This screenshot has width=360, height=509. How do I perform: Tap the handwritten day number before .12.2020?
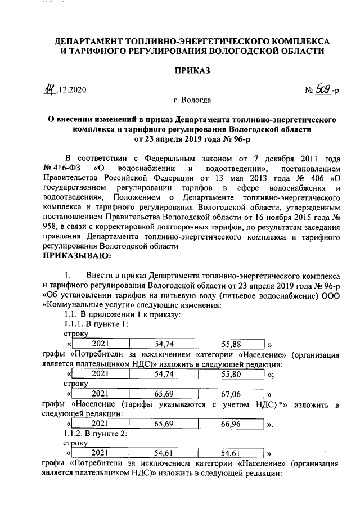pos(52,89)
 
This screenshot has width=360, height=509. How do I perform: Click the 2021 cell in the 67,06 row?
pos(101,394)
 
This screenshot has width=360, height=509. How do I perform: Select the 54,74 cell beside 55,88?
pos(165,344)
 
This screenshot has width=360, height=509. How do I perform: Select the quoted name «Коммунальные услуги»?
pos(83,304)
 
